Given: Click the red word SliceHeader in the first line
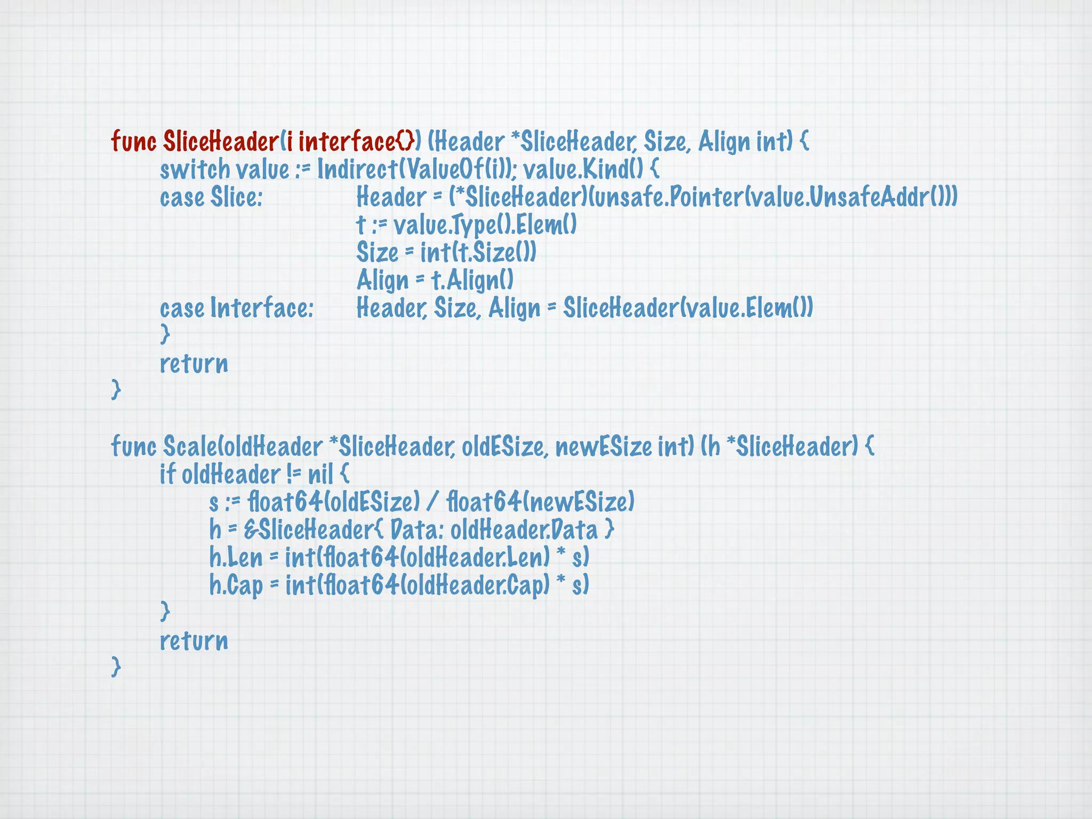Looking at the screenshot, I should click(221, 142).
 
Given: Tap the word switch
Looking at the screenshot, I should click(195, 170).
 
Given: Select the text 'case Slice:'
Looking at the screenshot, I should click(211, 197).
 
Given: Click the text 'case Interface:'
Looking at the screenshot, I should click(237, 308).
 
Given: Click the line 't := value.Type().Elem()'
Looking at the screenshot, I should click(467, 225).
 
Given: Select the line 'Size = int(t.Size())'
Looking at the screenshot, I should click(446, 253).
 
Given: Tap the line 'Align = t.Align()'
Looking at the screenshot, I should click(435, 280).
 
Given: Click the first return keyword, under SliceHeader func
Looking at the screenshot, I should click(194, 364).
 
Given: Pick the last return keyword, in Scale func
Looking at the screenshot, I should click(194, 641).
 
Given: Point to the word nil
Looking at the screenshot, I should click(320, 475).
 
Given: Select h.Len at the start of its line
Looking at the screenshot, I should click(236, 558).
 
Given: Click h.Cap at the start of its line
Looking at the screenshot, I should click(236, 585).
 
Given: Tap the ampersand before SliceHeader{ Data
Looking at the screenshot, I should click(250, 530).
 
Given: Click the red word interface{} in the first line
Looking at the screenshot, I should click(356, 142).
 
